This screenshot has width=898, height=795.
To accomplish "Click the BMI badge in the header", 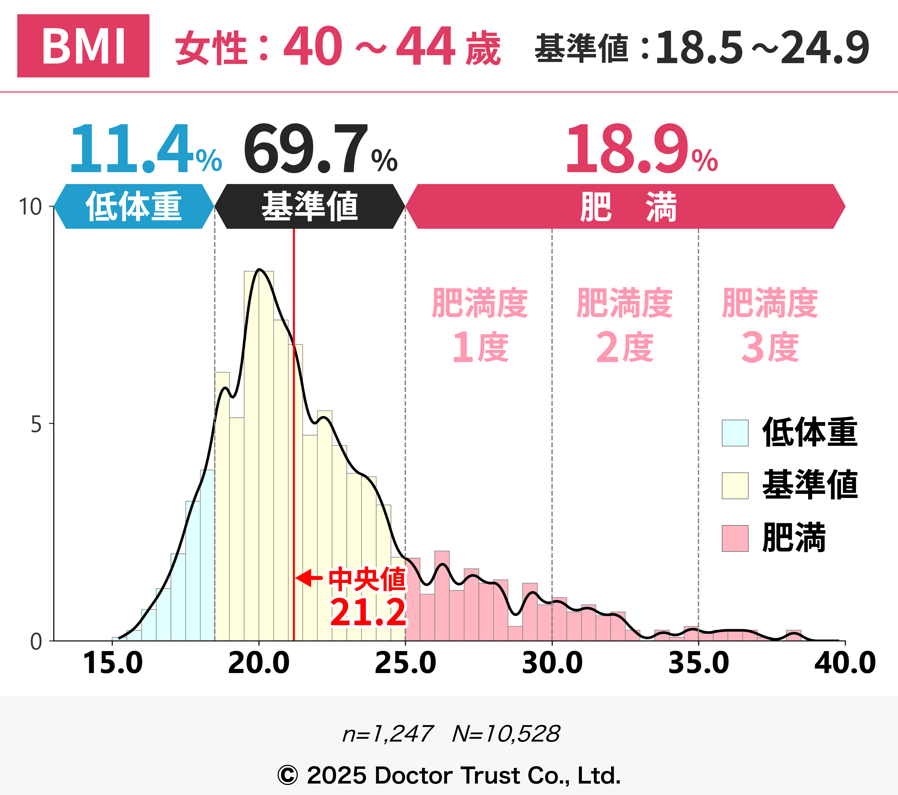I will [83, 46].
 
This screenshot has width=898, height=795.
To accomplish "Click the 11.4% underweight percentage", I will [145, 149].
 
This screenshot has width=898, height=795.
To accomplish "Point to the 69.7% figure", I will [320, 149].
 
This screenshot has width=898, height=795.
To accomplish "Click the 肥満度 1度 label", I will [480, 325].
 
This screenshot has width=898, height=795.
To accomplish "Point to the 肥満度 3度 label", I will [770, 325].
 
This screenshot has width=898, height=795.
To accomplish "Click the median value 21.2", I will [368, 612].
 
